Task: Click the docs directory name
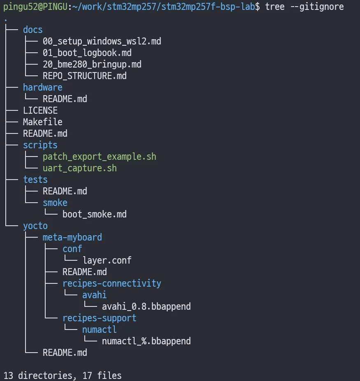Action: point(33,30)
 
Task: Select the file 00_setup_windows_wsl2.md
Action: point(102,41)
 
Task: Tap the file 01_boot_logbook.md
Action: point(87,53)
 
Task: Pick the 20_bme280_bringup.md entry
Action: point(92,64)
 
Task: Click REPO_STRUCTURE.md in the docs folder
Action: point(84,76)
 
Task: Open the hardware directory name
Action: point(43,87)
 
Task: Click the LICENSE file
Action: point(40,110)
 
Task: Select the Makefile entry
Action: point(43,122)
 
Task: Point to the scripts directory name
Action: point(40,145)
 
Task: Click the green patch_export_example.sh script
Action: point(100,157)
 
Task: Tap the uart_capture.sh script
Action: point(80,168)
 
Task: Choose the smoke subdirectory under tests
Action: point(55,203)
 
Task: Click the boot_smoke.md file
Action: point(95,214)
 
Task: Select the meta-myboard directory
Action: point(72,237)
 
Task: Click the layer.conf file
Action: point(107,260)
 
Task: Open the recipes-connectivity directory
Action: point(111,283)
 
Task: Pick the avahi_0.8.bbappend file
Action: point(146,306)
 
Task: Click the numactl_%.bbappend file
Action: point(146,341)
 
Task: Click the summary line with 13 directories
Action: point(63,376)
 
